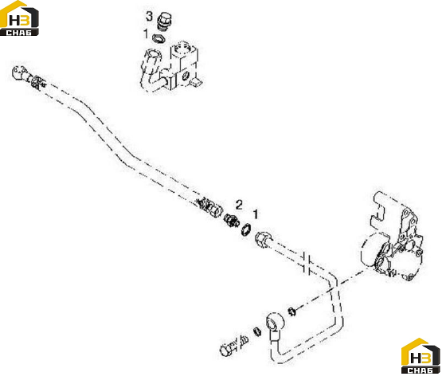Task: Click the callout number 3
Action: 149,17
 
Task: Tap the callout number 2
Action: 239,205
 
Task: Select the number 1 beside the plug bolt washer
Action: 146,33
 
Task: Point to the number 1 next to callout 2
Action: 256,214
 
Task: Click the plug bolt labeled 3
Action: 165,21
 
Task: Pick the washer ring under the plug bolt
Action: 158,38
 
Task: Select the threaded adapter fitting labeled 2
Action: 231,220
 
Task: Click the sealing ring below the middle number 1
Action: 246,229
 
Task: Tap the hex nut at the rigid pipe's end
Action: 264,240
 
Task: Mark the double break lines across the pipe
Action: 307,262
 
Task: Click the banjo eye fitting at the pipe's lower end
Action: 275,323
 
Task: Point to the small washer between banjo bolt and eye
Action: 256,331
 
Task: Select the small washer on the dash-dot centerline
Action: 291,311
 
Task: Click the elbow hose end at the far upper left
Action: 20,72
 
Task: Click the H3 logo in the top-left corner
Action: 19,18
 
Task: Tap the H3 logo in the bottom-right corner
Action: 420,356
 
